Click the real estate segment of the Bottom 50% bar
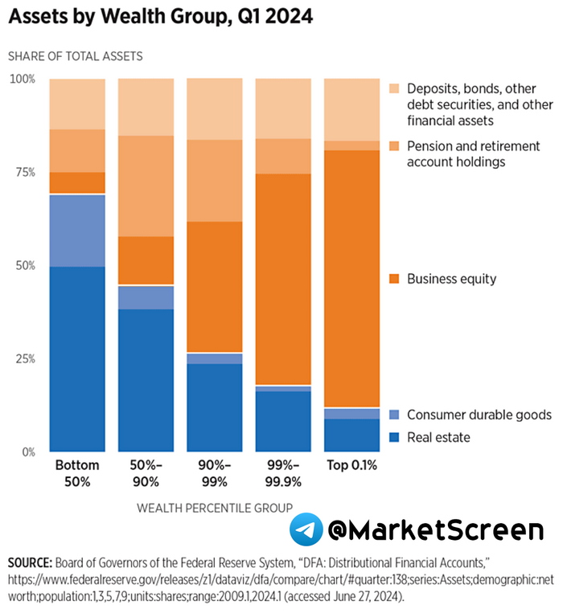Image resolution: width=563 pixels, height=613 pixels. point(77,358)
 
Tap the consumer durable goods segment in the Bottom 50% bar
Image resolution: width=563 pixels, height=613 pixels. point(77,231)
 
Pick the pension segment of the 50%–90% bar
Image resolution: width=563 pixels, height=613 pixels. point(146,186)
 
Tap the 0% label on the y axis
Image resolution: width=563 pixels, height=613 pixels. point(27,452)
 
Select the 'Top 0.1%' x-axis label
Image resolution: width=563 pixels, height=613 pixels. point(351,465)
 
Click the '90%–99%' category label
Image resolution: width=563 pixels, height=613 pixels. point(214,472)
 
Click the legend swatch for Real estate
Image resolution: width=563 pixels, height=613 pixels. point(393,437)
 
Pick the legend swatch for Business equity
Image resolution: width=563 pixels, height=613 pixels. point(393,279)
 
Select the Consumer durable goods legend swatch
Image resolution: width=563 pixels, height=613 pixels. point(393,415)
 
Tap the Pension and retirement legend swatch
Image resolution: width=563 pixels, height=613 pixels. point(393,146)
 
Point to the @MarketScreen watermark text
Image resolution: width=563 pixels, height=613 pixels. point(435,530)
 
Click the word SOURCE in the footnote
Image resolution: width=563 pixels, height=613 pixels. point(31,561)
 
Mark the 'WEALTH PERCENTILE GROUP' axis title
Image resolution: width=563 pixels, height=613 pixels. point(214,507)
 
